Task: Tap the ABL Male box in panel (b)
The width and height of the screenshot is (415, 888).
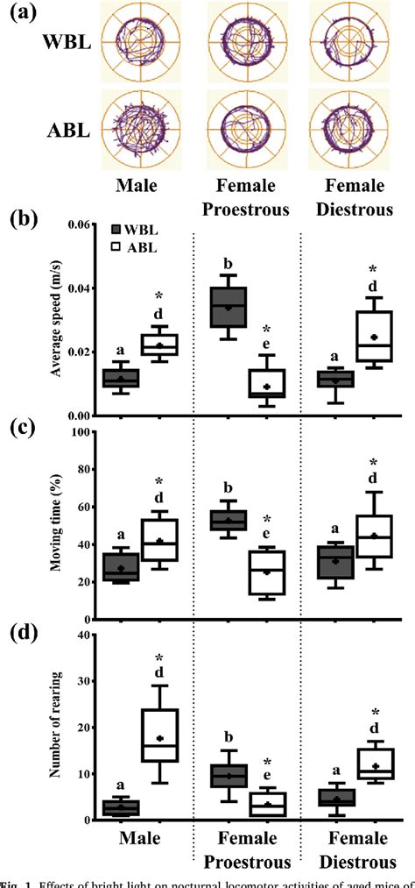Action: point(160,344)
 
